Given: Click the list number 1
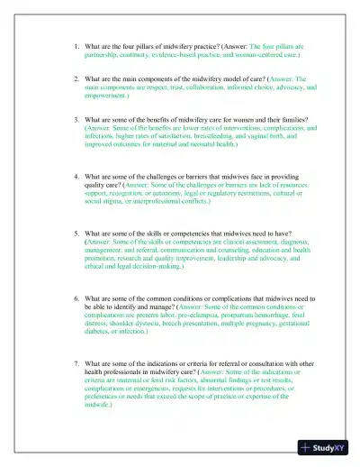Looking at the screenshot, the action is tap(76, 43).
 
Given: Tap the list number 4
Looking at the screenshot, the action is tap(76, 177).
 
